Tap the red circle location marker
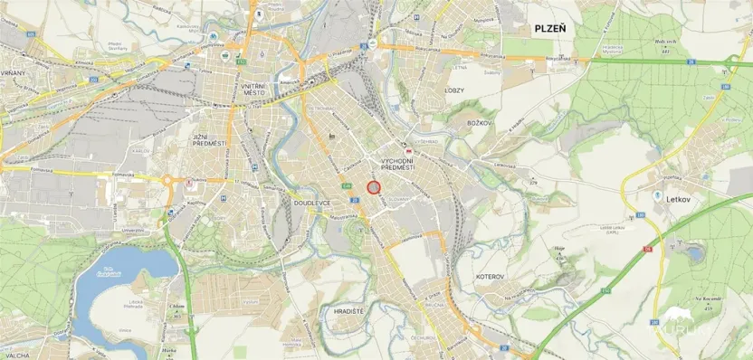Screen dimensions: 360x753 373,186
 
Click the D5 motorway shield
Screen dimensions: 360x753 648,248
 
